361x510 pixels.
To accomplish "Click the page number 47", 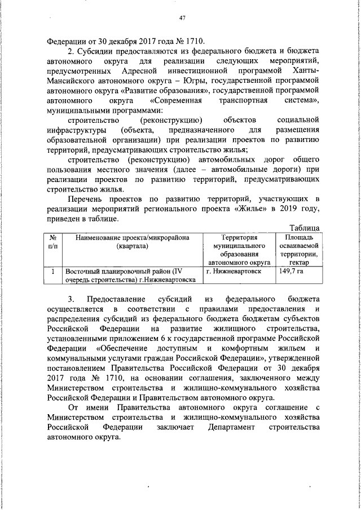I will [x=182, y=17].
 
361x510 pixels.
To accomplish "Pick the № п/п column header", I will [x=52, y=242].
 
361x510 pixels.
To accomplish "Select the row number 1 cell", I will [x=52, y=271].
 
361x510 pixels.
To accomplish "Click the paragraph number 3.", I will [x=70, y=299].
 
